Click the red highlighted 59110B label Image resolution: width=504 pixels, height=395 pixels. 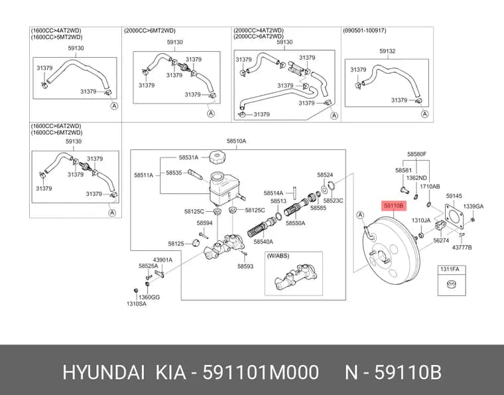click(x=393, y=205)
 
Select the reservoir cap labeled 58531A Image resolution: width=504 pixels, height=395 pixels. click(x=217, y=157)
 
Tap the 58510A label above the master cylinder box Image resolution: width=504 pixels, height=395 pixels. click(x=236, y=141)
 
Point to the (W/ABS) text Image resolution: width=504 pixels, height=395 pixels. click(x=279, y=256)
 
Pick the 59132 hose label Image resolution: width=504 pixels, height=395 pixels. click(x=387, y=51)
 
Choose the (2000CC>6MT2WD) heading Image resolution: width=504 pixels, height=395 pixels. click(x=150, y=31)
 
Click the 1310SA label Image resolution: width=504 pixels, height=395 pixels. click(x=137, y=303)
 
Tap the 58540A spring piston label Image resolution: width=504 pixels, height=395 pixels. click(x=263, y=242)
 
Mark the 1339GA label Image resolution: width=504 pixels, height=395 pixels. click(x=473, y=206)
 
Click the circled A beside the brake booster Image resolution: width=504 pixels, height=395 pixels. click(x=360, y=215)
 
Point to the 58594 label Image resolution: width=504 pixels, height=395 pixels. click(x=204, y=223)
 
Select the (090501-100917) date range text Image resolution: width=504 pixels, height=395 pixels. click(x=365, y=31)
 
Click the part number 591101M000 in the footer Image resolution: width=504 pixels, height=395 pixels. click(x=261, y=372)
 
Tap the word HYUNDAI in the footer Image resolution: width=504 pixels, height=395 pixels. click(x=103, y=372)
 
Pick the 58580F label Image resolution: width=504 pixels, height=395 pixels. click(x=416, y=154)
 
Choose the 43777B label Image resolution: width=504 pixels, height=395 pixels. click(x=462, y=248)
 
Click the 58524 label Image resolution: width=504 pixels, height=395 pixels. click(x=325, y=175)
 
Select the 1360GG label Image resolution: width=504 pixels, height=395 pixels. click(x=149, y=297)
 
